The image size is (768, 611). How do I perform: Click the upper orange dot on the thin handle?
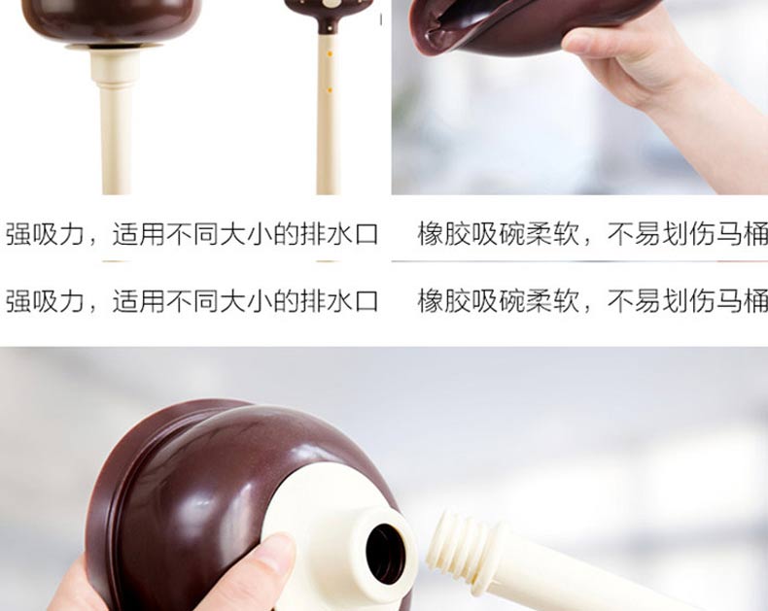tap(330, 53)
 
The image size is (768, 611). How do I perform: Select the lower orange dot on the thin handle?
tap(330, 90)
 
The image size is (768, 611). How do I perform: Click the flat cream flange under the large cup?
tap(115, 47)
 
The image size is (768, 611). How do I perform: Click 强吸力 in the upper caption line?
tap(45, 234)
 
